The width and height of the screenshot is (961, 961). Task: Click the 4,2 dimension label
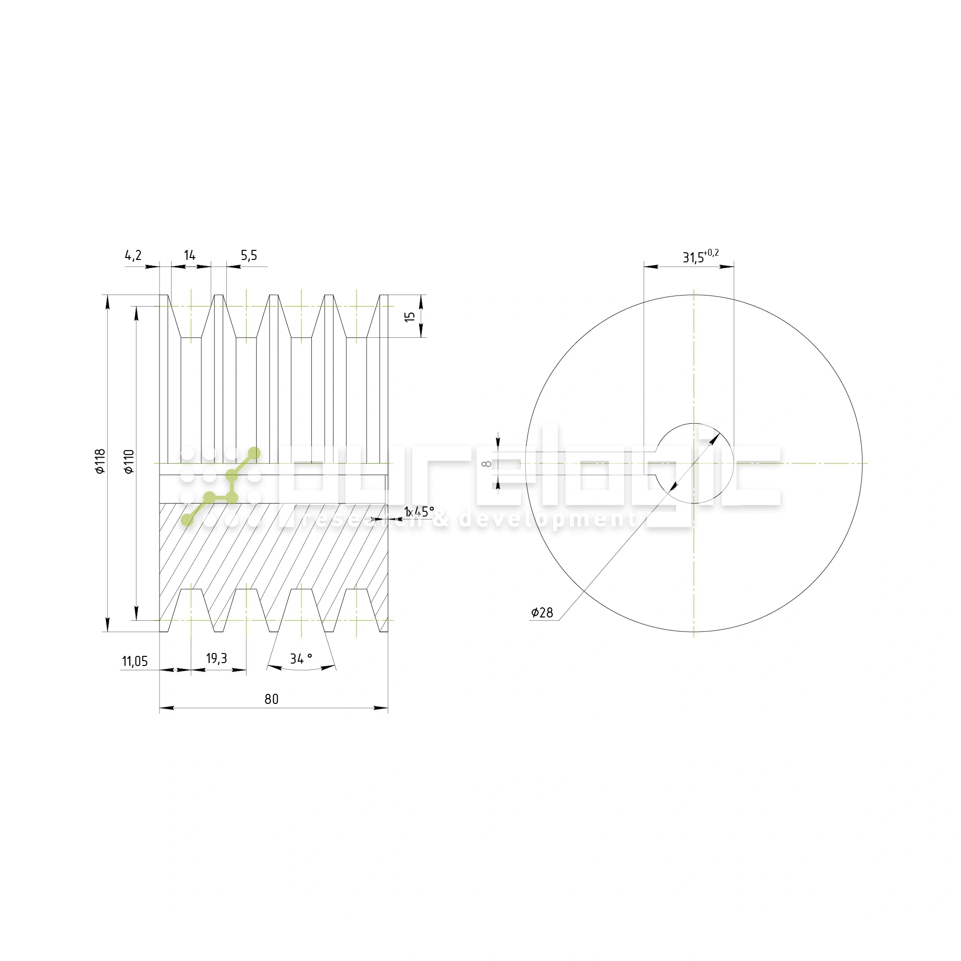click(x=133, y=256)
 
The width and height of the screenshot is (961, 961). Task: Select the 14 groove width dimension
click(x=189, y=256)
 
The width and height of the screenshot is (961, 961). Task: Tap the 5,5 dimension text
click(x=249, y=256)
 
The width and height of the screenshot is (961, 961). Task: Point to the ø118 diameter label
click(x=100, y=461)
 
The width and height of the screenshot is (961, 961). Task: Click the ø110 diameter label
click(x=129, y=461)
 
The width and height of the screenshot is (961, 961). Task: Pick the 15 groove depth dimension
click(x=410, y=316)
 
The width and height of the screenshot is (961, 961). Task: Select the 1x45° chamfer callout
click(x=419, y=512)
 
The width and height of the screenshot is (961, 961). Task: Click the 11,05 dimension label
click(x=135, y=662)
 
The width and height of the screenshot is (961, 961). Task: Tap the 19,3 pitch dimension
click(x=216, y=659)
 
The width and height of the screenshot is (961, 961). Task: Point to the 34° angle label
click(x=301, y=659)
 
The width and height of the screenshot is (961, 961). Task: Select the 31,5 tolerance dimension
click(x=693, y=258)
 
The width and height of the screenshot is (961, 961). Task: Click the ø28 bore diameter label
click(x=542, y=613)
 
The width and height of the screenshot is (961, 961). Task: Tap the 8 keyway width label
click(x=487, y=464)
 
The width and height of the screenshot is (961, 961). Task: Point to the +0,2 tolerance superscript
click(x=711, y=253)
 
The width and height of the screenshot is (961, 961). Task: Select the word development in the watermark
click(x=547, y=520)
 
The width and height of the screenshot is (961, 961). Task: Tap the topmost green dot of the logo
click(x=254, y=453)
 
